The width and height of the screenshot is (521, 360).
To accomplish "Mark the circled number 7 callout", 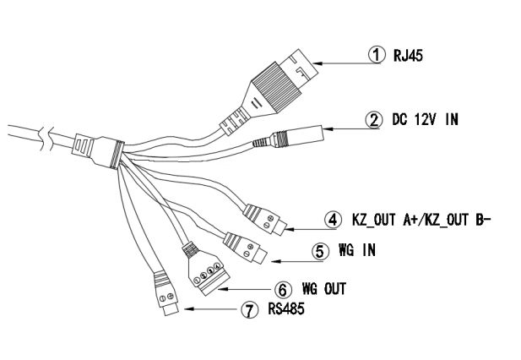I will pos(248,310).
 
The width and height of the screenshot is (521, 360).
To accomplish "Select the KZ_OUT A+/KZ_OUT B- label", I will pos(421,218).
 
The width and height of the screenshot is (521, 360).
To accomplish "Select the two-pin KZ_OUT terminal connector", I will pos(262,216).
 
